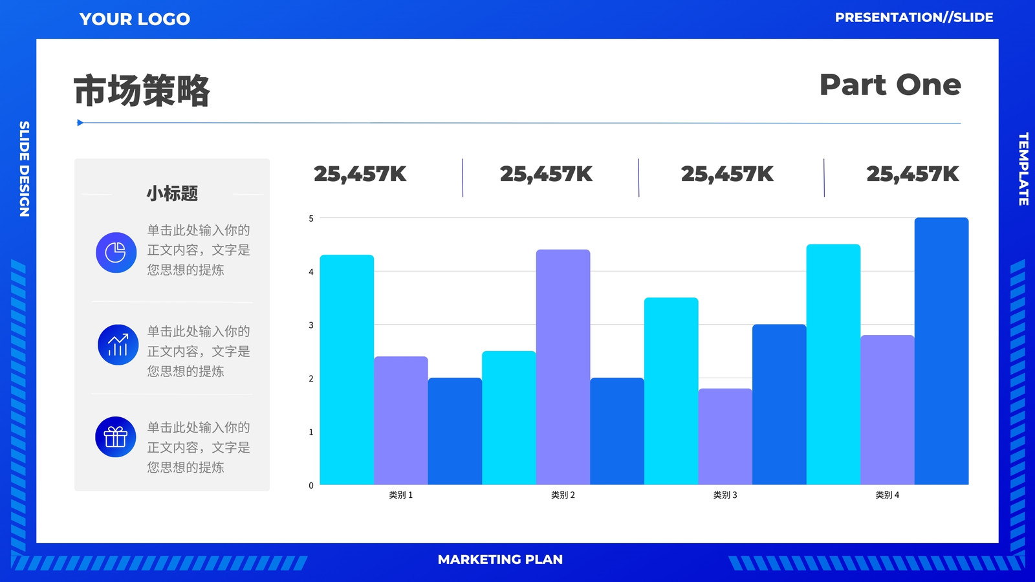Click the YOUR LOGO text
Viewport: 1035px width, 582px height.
[x=135, y=19]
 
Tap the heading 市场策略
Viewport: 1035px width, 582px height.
[x=142, y=91]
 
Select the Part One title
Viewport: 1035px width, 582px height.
[x=890, y=85]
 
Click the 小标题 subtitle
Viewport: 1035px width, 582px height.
[x=172, y=193]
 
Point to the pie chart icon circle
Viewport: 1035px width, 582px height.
[x=116, y=252]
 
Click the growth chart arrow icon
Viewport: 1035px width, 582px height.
[x=118, y=345]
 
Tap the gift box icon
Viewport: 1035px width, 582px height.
[x=116, y=437]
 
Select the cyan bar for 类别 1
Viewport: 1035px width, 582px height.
[x=347, y=369]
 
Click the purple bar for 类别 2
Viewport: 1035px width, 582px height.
[x=563, y=367]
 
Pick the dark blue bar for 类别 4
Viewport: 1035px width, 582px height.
[x=941, y=351]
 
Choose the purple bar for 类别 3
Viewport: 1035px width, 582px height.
[x=725, y=436]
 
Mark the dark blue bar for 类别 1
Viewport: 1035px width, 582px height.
[x=455, y=431]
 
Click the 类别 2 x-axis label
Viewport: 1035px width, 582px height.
[x=563, y=495]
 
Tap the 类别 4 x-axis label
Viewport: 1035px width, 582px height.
[x=887, y=495]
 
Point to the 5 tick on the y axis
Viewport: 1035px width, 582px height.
[x=311, y=219]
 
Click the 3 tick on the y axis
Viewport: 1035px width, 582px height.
[x=311, y=325]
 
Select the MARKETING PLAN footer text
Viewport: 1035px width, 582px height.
[x=500, y=559]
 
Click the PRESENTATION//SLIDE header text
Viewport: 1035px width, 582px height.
[x=914, y=17]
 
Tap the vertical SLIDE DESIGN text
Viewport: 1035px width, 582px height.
[x=24, y=169]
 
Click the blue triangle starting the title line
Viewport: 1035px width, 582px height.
[x=80, y=123]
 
